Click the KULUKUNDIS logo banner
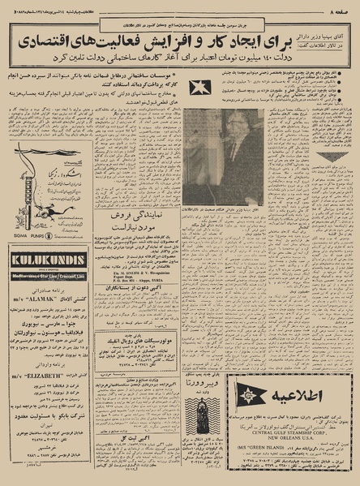49,260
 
